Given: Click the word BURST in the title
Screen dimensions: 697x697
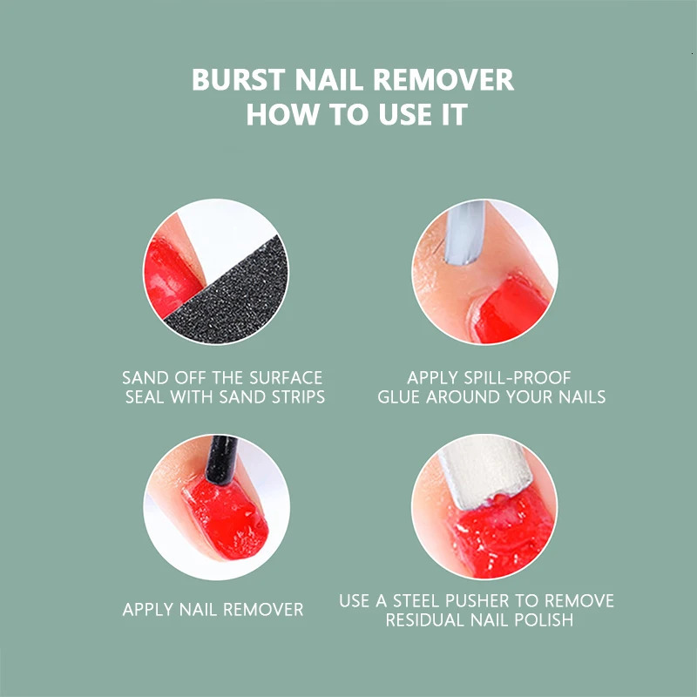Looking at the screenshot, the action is [238, 79].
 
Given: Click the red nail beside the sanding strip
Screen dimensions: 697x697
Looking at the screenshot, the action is [171, 276].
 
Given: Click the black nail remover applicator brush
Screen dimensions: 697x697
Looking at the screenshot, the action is [221, 460].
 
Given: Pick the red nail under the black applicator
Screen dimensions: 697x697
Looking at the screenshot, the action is [227, 518].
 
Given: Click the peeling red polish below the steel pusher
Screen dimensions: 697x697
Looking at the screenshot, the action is [503, 533].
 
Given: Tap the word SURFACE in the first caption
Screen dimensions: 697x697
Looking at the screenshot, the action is [286, 378].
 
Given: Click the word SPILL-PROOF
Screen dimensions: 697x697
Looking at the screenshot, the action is [518, 378].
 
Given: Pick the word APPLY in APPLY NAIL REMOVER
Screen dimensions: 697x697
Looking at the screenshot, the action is [148, 609].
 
